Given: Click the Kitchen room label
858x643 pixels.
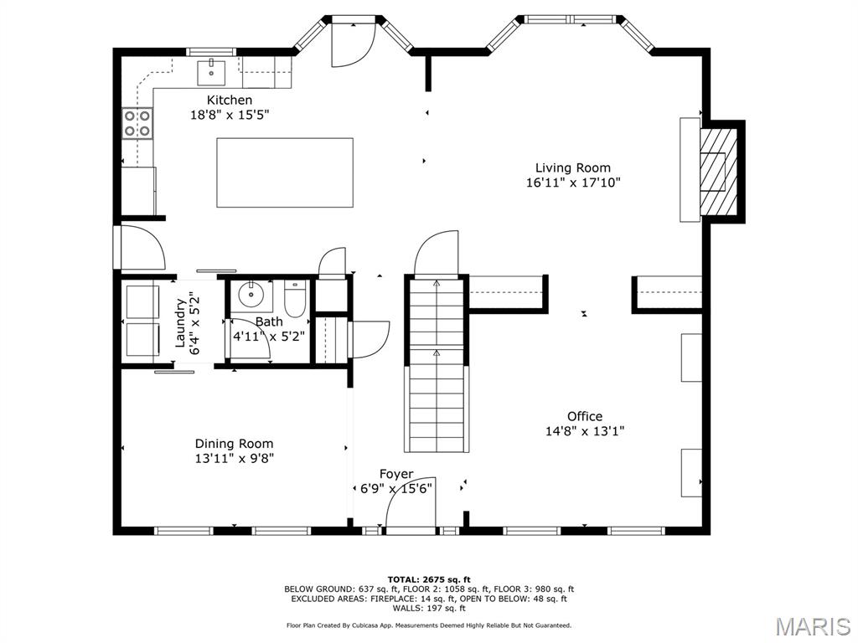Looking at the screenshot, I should coord(230,100).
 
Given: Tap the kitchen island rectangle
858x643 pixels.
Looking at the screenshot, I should coord(285,172).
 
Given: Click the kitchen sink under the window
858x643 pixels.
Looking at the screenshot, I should coord(212,73).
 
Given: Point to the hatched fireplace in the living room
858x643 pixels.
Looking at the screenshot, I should coord(718,172).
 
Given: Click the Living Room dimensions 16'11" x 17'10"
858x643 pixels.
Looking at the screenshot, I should coord(573,183).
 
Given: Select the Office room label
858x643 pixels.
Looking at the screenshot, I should coord(584,416).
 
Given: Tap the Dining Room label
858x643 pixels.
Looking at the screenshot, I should coord(234,444).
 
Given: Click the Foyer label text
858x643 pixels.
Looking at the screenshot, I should coord(396,474).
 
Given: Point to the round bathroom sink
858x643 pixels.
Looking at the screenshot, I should coord(249,295).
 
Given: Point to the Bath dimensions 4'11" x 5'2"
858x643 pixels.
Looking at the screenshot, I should coord(268,336).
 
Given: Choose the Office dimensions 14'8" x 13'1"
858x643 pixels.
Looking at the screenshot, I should coord(584,431).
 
